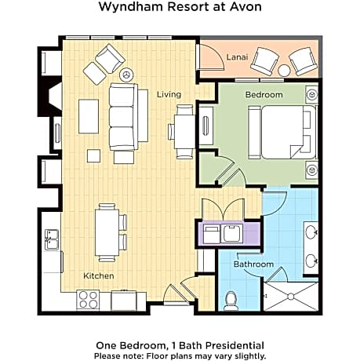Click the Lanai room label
click(237, 57)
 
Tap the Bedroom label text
click(264, 94)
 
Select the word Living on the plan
click(169, 94)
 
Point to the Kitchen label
click(99, 276)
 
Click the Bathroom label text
click(253, 264)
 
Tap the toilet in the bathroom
click(231, 299)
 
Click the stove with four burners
click(88, 299)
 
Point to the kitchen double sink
click(52, 239)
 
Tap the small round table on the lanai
click(284, 70)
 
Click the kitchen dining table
click(107, 232)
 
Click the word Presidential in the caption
click(231, 345)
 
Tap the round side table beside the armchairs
click(127, 75)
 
